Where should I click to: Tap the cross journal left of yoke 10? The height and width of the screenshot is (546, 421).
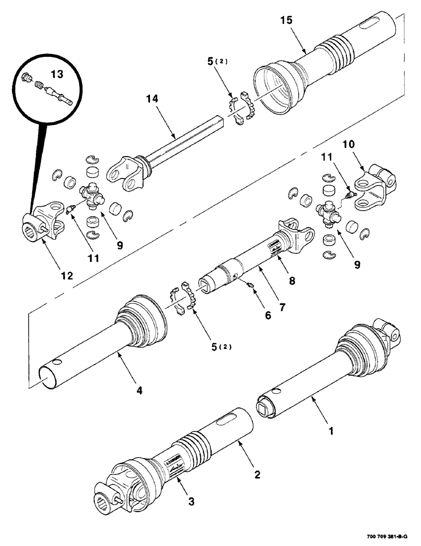coord(328,210)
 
